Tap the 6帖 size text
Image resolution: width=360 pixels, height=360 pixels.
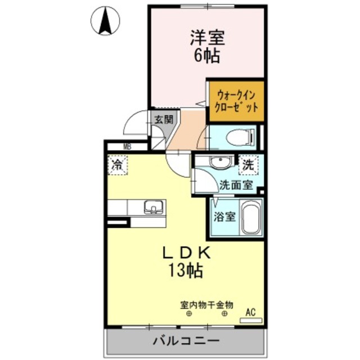pyautogui.click(x=206, y=56)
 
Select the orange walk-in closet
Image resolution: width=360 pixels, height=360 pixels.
pyautogui.click(x=236, y=101)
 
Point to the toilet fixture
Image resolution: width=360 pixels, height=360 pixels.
pyautogui.click(x=239, y=137)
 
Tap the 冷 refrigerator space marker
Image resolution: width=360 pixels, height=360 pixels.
pyautogui.click(x=118, y=165)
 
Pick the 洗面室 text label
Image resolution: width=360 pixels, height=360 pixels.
pyautogui.click(x=236, y=183)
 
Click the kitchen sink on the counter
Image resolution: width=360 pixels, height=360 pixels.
pyautogui.click(x=152, y=207)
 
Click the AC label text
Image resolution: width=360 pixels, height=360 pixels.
pyautogui.click(x=251, y=312)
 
